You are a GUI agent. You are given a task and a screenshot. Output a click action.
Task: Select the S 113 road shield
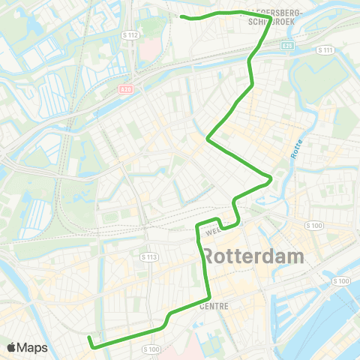coord(149,257)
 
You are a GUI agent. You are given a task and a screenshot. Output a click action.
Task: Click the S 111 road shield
coord(324,49)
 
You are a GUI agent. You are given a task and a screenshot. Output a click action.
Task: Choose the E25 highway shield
coord(288,46)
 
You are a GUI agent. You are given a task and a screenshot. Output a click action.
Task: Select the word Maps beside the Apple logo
coord(33,347)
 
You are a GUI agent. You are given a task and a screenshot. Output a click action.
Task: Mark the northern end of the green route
coord(182,15)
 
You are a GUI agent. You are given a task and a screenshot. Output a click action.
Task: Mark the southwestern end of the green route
coord(89,338)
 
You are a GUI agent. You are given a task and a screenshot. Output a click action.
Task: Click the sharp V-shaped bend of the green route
coord(208,138)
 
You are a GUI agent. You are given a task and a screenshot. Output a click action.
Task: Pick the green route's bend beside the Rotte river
coord(270,180)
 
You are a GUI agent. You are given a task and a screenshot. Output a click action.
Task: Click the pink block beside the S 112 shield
coord(148,48)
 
